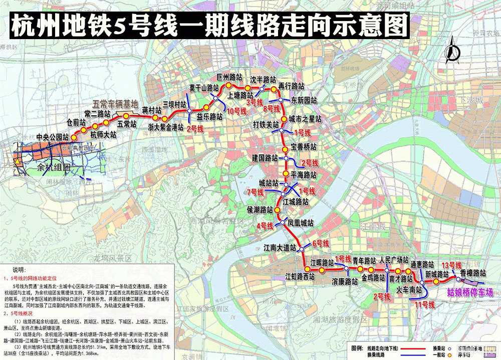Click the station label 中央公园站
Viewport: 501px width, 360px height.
pyautogui.click(x=52, y=137)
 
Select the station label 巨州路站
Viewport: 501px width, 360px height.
pyautogui.click(x=229, y=78)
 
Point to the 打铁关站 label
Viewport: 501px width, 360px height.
pyautogui.click(x=266, y=124)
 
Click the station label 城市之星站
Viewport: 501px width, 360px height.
pyautogui.click(x=305, y=119)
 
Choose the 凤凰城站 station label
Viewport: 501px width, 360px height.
pyautogui.click(x=301, y=223)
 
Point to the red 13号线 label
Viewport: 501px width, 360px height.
pyautogui.click(x=451, y=265)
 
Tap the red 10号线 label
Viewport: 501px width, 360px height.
pyautogui.click(x=237, y=111)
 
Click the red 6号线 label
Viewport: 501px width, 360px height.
pyautogui.click(x=320, y=244)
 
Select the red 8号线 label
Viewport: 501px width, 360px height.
pyautogui.click(x=271, y=108)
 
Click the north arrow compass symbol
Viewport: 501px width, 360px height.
pyautogui.click(x=454, y=50)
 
